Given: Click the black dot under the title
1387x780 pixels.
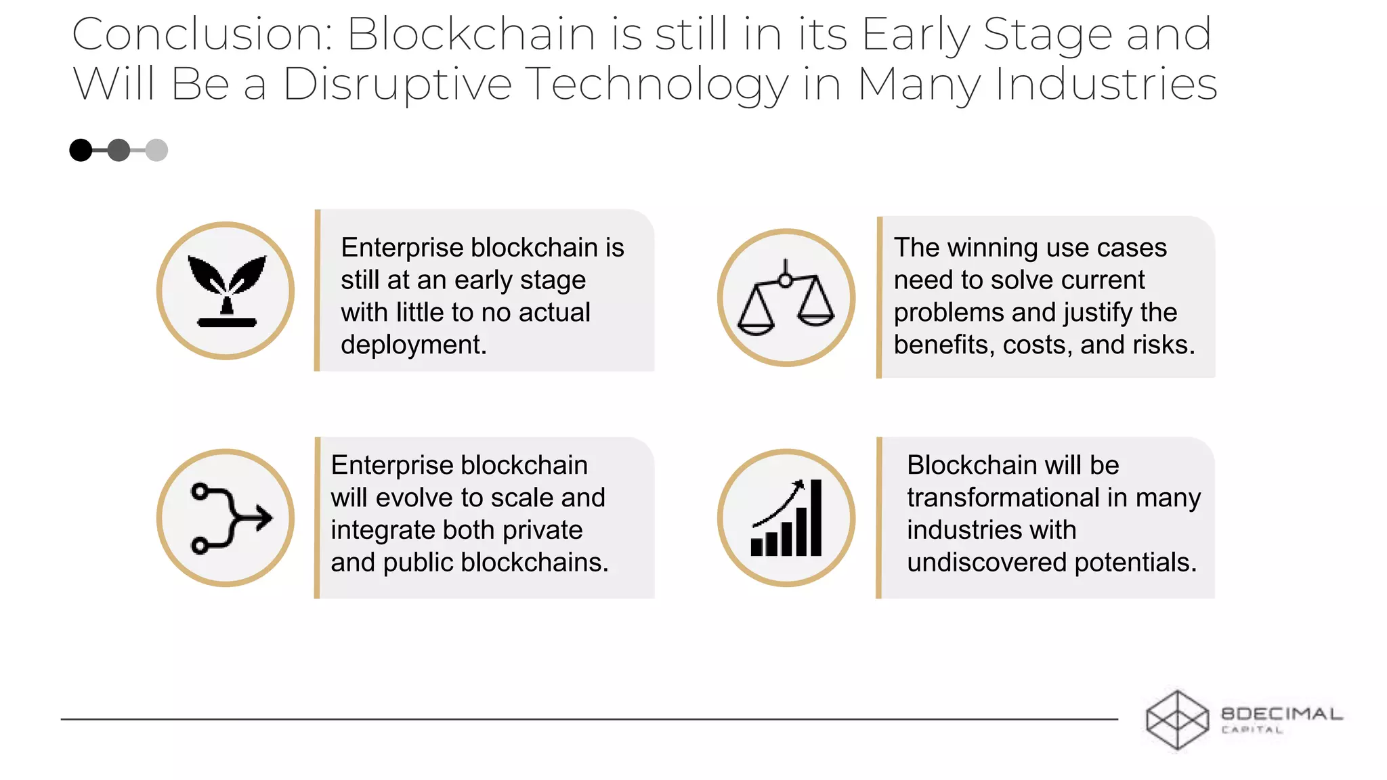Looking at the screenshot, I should tap(81, 150).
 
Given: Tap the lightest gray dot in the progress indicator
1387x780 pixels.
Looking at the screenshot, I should tap(156, 150).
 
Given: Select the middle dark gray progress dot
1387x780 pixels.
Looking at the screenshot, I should tap(119, 150).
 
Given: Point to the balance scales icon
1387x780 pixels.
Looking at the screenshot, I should tap(786, 298).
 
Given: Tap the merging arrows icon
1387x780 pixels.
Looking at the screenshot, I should tap(226, 518).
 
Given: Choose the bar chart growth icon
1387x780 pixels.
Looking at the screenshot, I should tap(786, 518).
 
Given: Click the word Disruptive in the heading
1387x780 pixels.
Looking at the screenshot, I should tap(397, 85).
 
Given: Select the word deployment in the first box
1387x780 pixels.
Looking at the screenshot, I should tap(413, 345).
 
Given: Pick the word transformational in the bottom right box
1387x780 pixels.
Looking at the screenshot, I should tap(1003, 498).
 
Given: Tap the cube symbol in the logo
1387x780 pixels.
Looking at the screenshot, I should tap(1177, 720).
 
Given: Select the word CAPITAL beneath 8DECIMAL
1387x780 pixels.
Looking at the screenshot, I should tap(1252, 730).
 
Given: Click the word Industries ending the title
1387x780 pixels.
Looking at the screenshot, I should tap(1105, 85).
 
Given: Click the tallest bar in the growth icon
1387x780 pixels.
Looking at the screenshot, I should tap(816, 518).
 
